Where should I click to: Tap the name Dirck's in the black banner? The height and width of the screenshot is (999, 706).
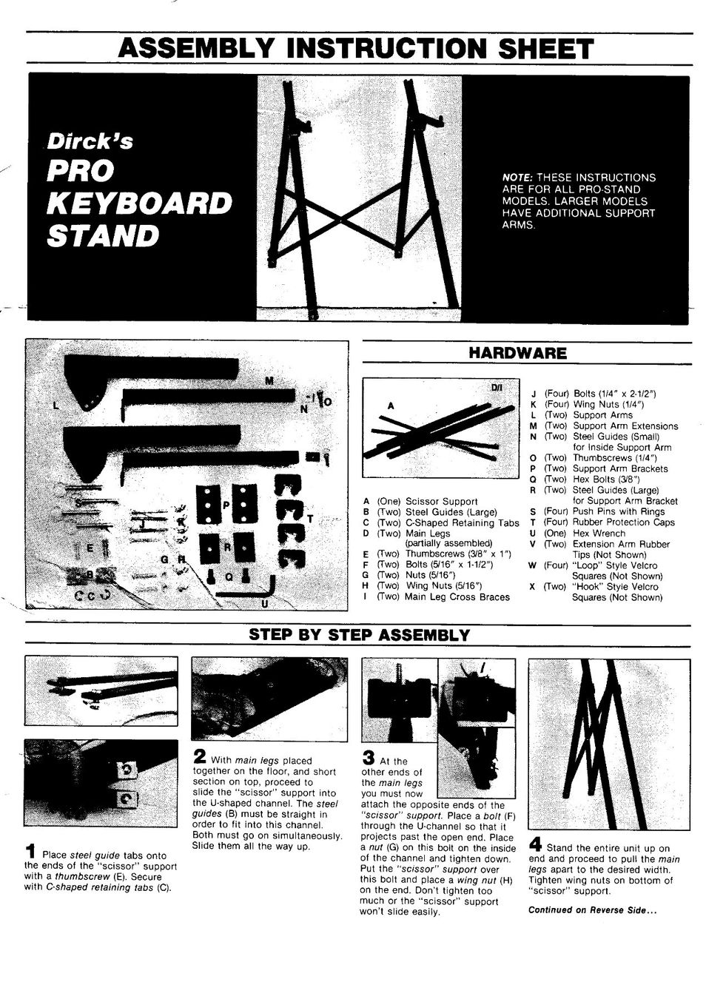[x=90, y=141]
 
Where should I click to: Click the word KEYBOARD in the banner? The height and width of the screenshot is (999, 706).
[x=140, y=203]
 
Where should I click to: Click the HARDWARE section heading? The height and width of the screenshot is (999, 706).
[x=517, y=353]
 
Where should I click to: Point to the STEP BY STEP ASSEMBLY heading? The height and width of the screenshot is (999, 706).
[x=359, y=635]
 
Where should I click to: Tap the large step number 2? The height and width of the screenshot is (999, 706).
[x=200, y=756]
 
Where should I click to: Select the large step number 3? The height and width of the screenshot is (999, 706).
[x=368, y=757]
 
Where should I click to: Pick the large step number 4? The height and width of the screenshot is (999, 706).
[x=535, y=844]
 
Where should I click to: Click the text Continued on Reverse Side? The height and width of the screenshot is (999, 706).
[x=592, y=910]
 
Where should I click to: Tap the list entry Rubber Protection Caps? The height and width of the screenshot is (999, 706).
[x=624, y=522]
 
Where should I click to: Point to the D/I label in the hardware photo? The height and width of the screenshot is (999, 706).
[x=497, y=388]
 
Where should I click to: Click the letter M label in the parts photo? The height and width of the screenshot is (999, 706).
[x=269, y=381]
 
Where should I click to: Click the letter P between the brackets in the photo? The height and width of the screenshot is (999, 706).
[x=226, y=505]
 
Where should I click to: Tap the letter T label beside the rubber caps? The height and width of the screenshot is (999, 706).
[x=309, y=519]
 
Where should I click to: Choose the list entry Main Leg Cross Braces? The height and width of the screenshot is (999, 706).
[x=457, y=597]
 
